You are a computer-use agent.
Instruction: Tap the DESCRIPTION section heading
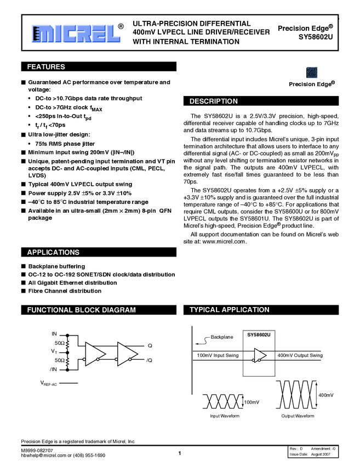pyautogui.click(x=214, y=101)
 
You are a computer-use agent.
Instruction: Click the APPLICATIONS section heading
pyautogui.click(x=53, y=252)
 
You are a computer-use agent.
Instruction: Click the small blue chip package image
pyautogui.click(x=312, y=73)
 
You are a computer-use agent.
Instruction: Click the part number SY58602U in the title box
pyautogui.click(x=316, y=37)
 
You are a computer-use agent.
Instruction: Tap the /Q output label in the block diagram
pyautogui.click(x=149, y=360)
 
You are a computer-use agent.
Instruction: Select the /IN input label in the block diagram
pyautogui.click(x=54, y=370)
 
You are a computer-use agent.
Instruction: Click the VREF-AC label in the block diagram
pyautogui.click(x=49, y=383)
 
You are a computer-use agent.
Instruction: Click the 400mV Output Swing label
pyautogui.click(x=300, y=355)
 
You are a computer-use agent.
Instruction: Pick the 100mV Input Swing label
pyautogui.click(x=218, y=355)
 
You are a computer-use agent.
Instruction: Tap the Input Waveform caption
pyautogui.click(x=225, y=416)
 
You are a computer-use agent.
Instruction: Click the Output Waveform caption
pyautogui.click(x=298, y=416)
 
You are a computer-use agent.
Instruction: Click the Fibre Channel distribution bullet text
pyautogui.click(x=61, y=291)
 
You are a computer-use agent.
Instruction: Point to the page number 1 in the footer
pyautogui.click(x=180, y=452)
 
